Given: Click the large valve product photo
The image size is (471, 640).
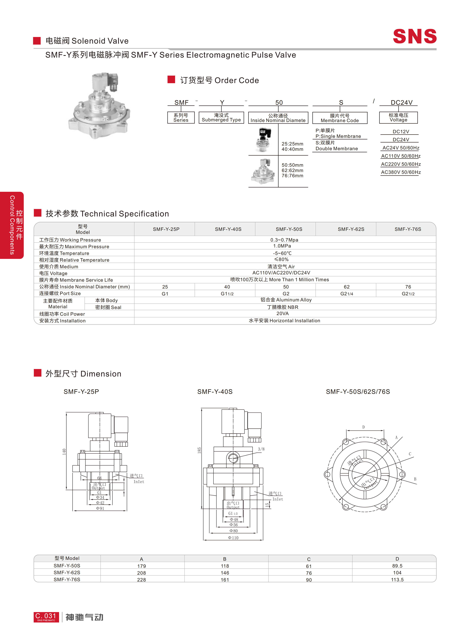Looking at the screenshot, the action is click(x=99, y=106).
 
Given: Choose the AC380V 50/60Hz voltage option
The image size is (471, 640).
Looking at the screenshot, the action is click(x=401, y=172).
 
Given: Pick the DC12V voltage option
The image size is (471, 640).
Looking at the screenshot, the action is click(x=401, y=132).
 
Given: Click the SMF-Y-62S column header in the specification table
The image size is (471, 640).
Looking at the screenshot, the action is click(x=351, y=229).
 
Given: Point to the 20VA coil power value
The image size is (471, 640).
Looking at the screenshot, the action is click(x=283, y=313).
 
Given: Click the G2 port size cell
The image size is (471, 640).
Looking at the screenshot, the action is click(x=286, y=294).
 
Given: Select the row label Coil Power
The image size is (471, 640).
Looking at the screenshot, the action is click(x=62, y=314).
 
